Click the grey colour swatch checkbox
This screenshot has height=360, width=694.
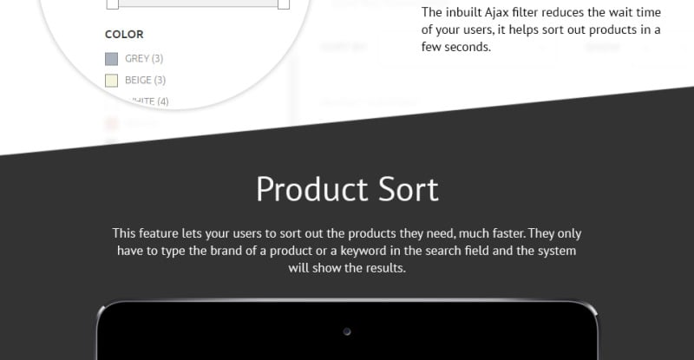111,59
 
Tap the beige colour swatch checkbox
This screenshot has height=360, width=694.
111,81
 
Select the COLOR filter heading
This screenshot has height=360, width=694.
124,35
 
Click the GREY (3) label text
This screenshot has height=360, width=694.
144,59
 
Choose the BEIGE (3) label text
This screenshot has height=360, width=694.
145,81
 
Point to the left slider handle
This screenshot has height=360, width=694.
112,3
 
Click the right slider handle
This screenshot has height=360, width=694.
283,3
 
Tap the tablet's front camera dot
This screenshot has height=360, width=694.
347,331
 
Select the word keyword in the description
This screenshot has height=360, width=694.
396,251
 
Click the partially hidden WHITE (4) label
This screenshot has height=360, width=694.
147,101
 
